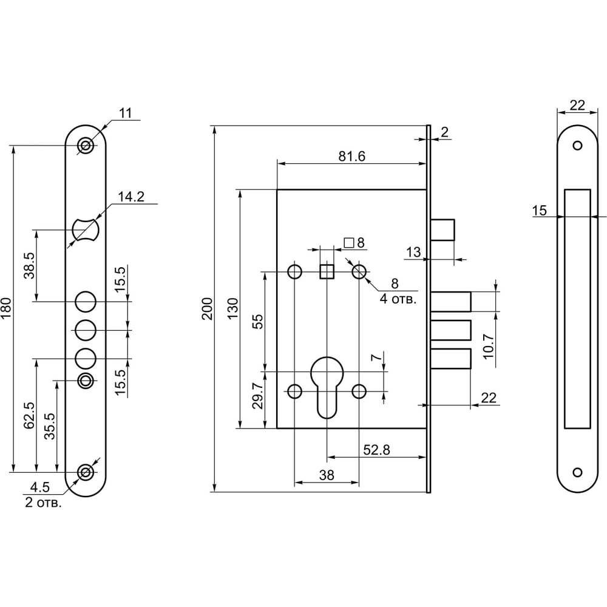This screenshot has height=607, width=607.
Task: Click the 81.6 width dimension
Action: coord(352,156)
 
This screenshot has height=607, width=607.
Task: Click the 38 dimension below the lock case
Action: coord(327,476)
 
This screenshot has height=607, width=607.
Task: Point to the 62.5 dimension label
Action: coord(29,416)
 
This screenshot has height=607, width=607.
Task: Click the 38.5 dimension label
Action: coord(29,265)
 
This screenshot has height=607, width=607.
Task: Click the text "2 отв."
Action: coord(43,503)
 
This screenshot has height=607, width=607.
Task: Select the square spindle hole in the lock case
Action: coord(327,271)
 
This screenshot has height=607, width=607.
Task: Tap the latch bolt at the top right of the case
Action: coord(443,229)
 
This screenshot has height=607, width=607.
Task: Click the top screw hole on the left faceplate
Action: coord(86,146)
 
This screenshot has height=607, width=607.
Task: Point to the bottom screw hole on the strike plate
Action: coord(577,472)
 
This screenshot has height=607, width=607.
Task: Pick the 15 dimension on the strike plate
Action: coord(539,211)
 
